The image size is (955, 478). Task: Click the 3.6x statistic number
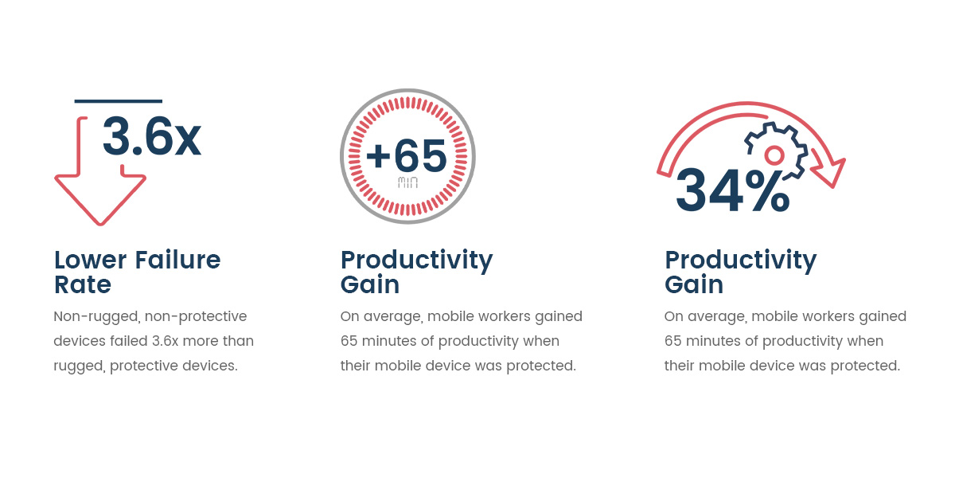click(x=151, y=137)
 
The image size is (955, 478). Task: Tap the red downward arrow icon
click(x=99, y=199)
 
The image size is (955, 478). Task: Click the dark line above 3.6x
click(x=118, y=101)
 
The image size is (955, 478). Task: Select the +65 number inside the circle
click(x=407, y=156)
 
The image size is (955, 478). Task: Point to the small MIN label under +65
click(x=407, y=182)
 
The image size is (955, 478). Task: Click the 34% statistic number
click(x=732, y=192)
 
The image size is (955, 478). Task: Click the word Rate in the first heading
click(x=83, y=284)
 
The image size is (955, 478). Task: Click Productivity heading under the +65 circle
click(x=416, y=260)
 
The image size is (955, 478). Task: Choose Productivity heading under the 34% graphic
click(x=740, y=260)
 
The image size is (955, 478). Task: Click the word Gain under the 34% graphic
click(x=694, y=284)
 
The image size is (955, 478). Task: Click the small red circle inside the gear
click(x=774, y=154)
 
